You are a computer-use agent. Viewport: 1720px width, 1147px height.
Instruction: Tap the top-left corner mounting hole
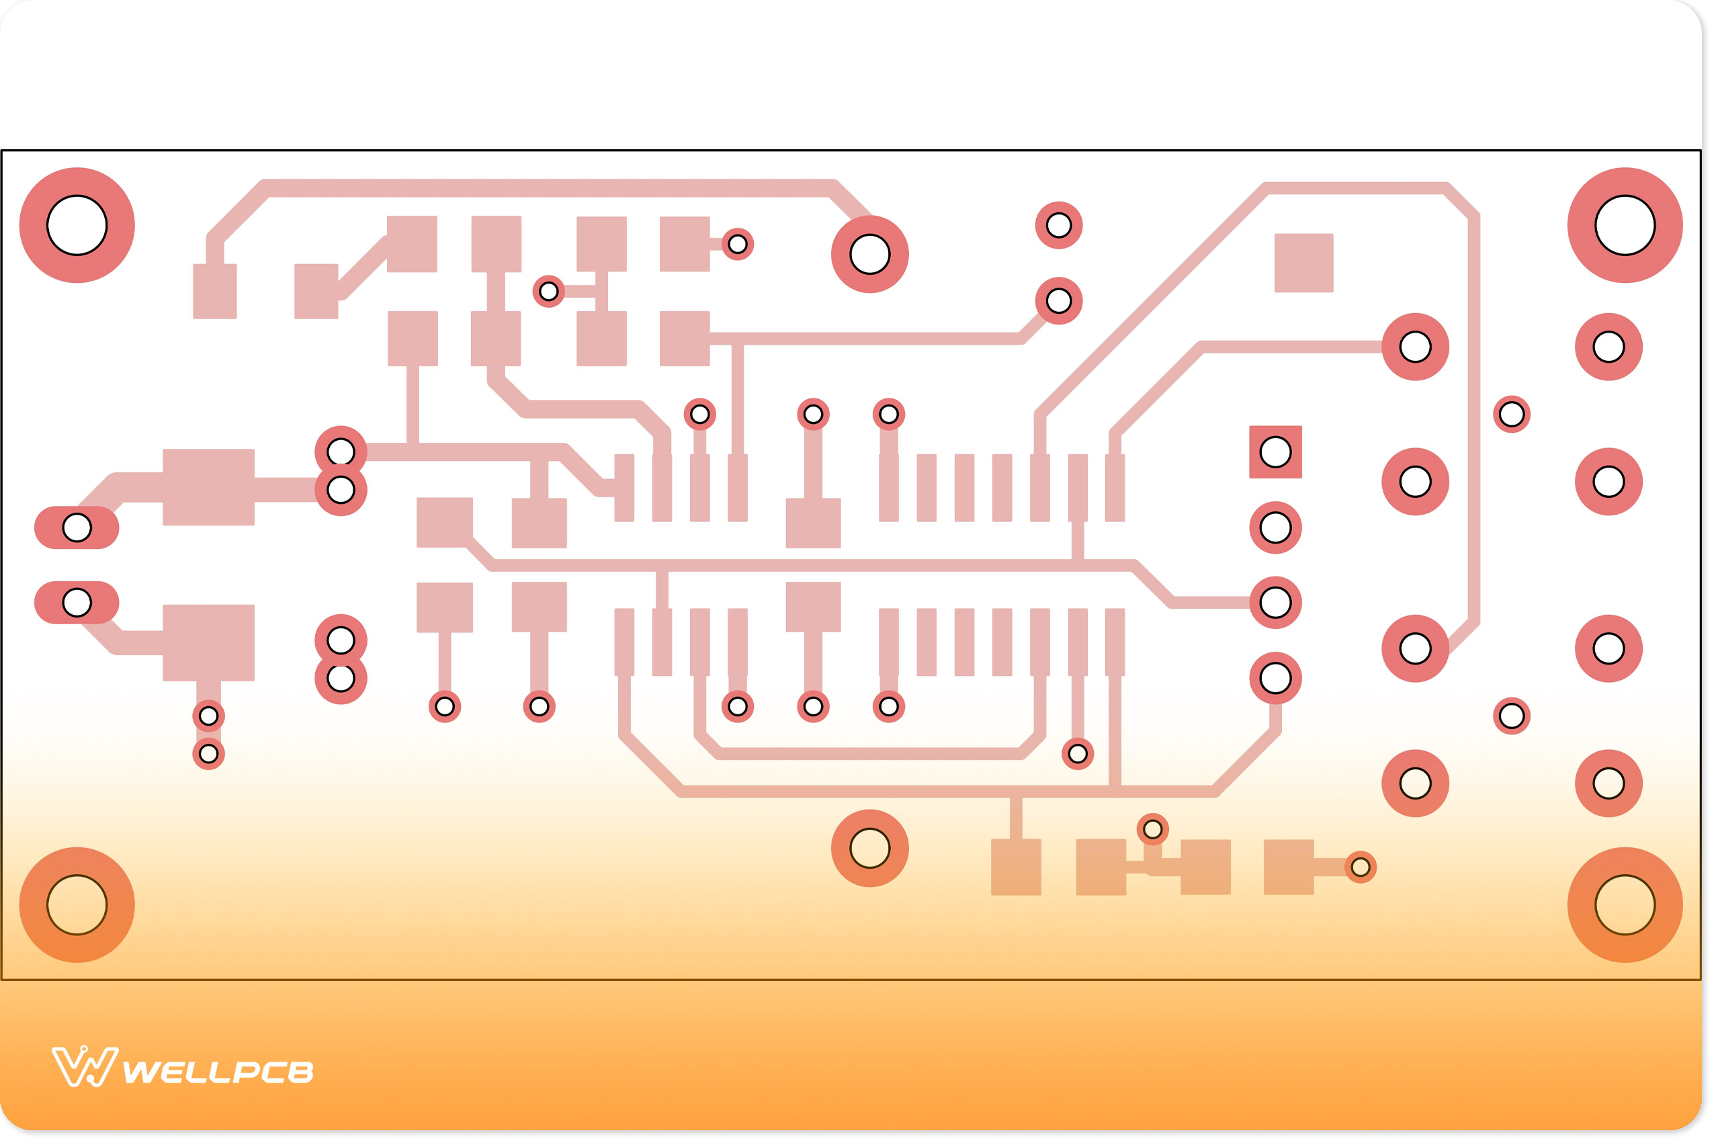[x=77, y=225]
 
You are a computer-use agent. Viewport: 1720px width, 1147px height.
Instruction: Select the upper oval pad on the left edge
[x=77, y=527]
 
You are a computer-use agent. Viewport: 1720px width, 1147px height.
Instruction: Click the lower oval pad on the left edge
[x=77, y=603]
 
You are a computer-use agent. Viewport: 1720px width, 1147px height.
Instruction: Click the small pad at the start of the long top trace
[x=214, y=291]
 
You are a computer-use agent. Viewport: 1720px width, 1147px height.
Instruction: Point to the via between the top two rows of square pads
[x=548, y=291]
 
